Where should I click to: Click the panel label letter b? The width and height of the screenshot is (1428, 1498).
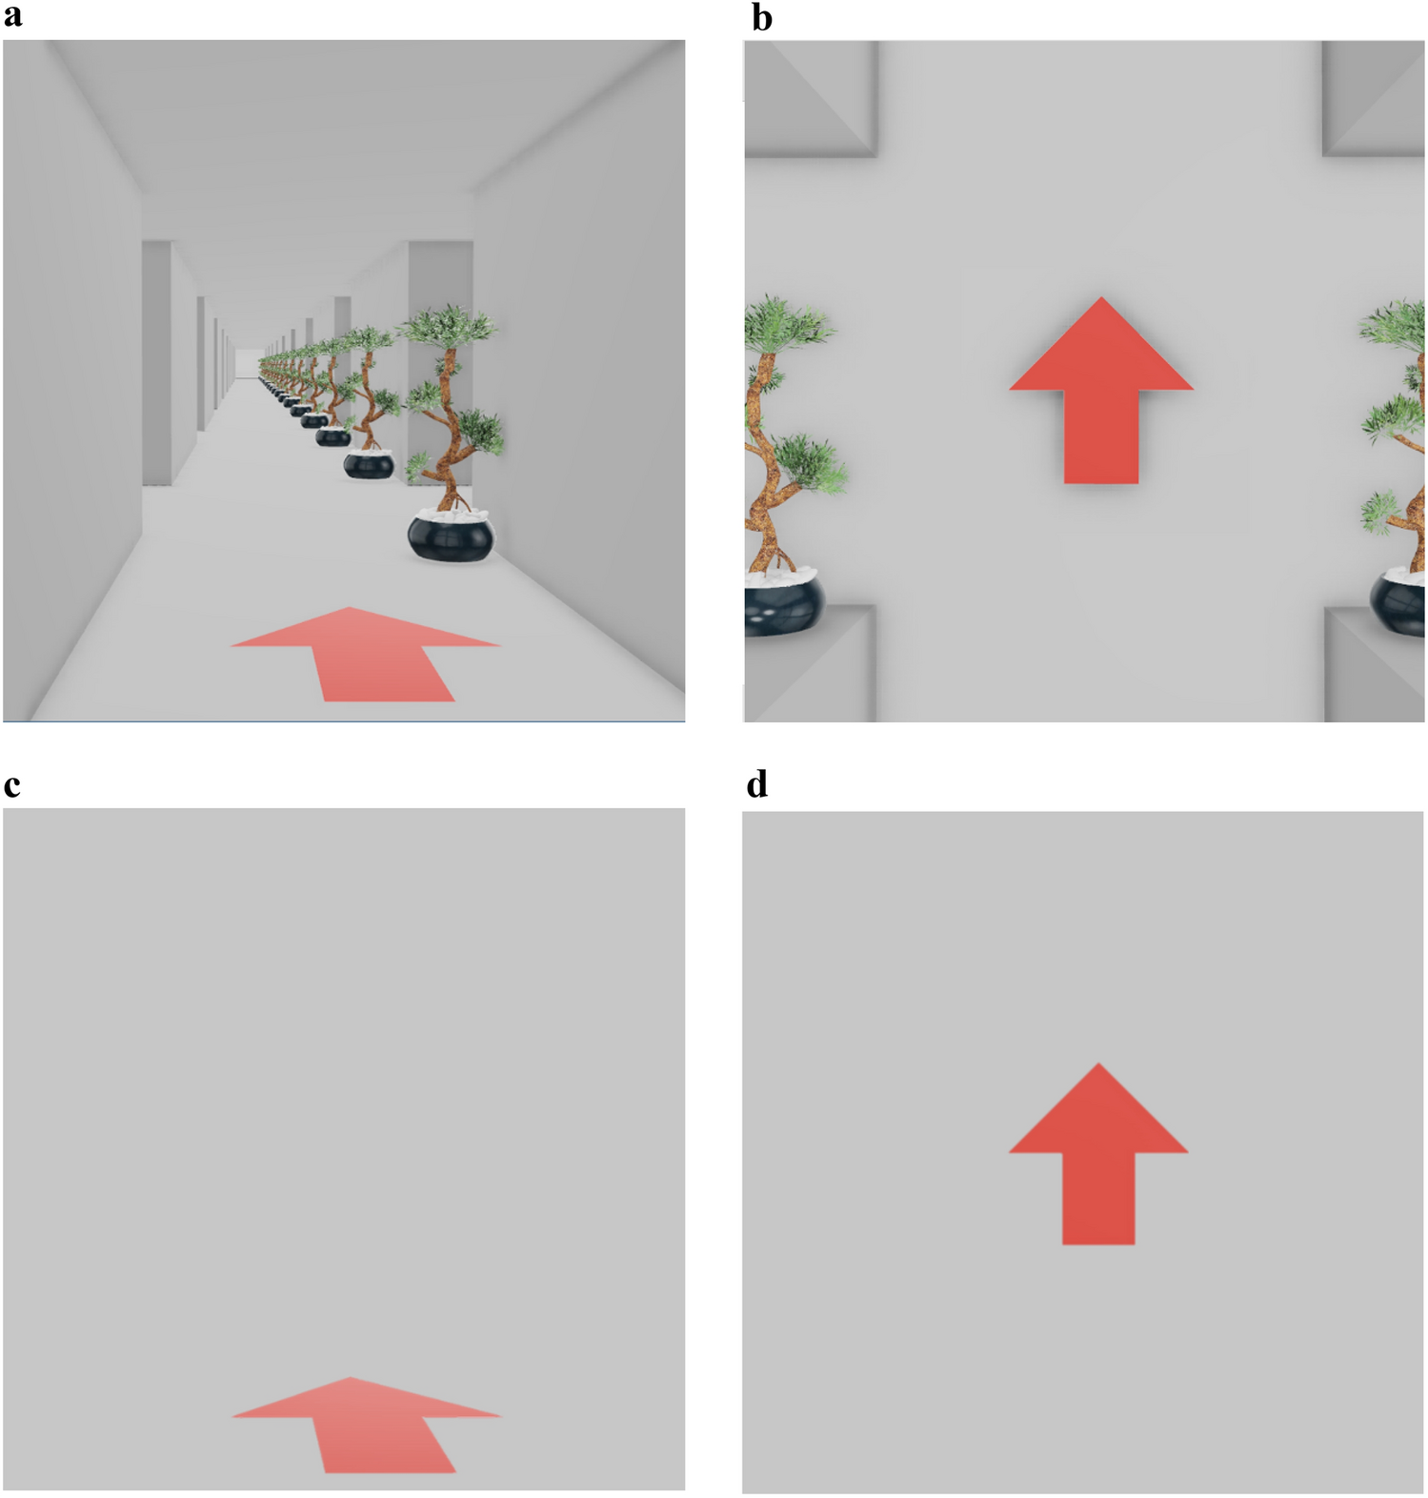(761, 16)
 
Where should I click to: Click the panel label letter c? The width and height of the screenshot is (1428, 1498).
(11, 786)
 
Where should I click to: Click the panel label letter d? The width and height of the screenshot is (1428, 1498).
(757, 784)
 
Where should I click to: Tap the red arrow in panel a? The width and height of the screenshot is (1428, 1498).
(367, 655)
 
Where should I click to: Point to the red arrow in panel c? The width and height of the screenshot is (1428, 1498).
(368, 1426)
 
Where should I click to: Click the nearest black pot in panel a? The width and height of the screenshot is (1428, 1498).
(452, 536)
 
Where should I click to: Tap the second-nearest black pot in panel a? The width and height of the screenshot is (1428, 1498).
(368, 464)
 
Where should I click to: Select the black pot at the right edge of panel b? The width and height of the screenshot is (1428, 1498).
(1398, 602)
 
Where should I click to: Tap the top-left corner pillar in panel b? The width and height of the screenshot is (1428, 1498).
(811, 99)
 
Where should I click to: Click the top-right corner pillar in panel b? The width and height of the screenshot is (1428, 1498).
(1374, 99)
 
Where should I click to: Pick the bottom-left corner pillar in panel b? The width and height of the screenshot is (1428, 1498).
(811, 664)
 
